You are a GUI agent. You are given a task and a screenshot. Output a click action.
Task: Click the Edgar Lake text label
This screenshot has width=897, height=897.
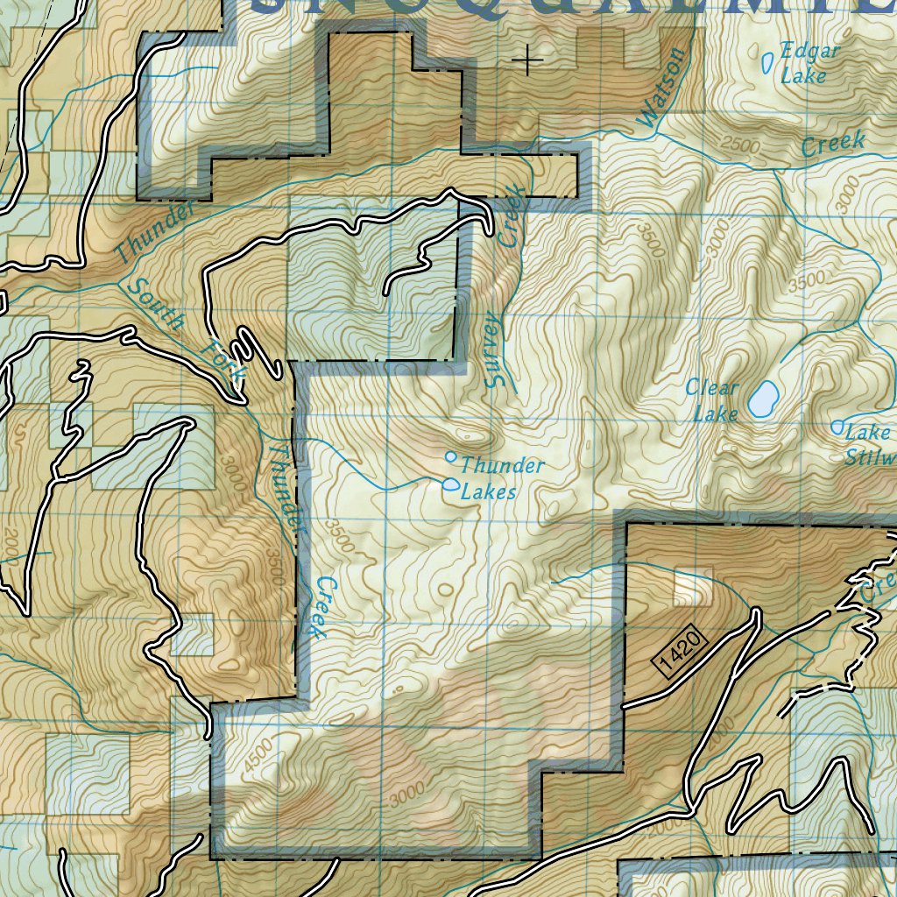(809, 63)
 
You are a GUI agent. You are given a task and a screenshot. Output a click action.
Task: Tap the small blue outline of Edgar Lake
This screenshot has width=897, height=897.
(768, 62)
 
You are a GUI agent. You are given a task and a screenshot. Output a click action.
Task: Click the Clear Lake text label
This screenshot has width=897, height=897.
(714, 399)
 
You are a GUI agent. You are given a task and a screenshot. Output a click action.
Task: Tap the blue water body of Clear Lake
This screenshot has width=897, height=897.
(762, 399)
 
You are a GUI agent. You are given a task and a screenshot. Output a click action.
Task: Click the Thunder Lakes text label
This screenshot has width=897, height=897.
(499, 478)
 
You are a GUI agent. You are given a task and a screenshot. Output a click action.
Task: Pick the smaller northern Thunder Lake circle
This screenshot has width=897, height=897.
(451, 456)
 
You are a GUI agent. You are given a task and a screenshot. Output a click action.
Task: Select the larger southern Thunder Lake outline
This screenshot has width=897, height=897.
(451, 484)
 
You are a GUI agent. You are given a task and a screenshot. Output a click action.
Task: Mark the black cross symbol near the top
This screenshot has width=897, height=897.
(527, 60)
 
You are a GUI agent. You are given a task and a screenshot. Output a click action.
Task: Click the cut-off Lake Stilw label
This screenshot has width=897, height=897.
(870, 444)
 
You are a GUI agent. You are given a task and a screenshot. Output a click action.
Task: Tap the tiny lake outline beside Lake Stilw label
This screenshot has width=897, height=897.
(837, 427)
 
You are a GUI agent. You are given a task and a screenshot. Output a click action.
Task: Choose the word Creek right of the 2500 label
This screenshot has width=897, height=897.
(832, 144)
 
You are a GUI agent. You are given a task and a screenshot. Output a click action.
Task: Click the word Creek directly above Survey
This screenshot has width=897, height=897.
(511, 215)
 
